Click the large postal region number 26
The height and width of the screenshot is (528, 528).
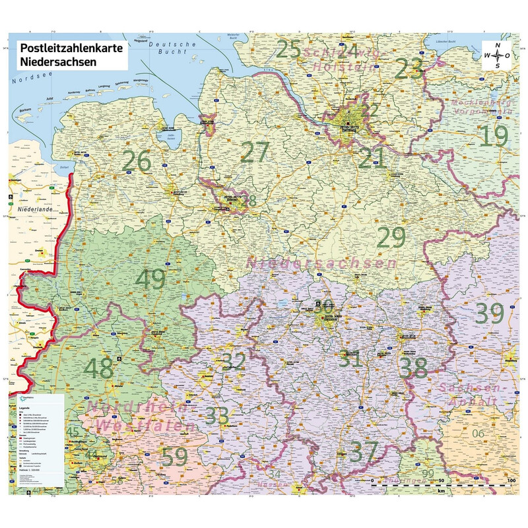[x=137, y=160]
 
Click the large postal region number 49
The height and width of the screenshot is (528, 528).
[x=150, y=279]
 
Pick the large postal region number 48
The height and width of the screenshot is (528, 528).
[x=98, y=368]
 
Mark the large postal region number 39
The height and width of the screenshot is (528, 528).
[x=489, y=313]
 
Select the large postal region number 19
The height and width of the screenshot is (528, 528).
[x=493, y=136]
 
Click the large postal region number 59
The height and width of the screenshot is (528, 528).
[x=176, y=457]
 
